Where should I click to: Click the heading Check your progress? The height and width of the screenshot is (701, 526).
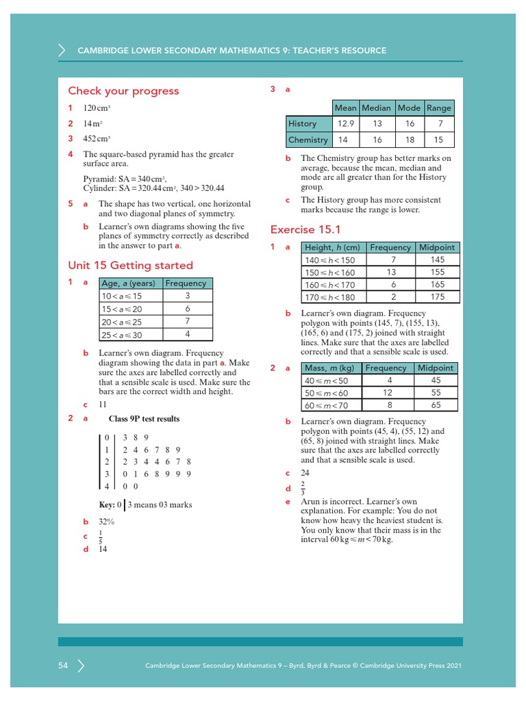pos(123,91)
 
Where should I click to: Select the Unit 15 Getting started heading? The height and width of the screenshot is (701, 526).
pos(130,265)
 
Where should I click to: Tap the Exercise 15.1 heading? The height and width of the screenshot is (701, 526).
pos(305,229)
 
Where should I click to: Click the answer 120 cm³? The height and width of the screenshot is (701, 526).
pos(97,108)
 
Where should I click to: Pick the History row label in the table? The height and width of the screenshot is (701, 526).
pos(302,124)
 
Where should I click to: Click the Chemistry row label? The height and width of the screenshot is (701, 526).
pos(308,140)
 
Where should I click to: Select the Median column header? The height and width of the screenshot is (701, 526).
pos(376,107)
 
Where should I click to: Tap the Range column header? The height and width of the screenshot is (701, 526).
pos(438,107)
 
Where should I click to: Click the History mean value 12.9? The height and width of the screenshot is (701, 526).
pos(345,124)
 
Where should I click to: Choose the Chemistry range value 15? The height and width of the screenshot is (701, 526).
pos(438,140)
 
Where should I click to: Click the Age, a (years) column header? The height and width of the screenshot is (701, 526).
pos(128,283)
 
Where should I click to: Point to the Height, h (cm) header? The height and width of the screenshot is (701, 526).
pos(332,247)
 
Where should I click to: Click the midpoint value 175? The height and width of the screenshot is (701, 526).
pos(438,297)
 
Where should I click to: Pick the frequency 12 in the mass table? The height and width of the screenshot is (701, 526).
pos(388,393)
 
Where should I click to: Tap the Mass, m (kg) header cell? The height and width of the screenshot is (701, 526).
pos(330,368)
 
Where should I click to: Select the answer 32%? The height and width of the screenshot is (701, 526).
pos(106,522)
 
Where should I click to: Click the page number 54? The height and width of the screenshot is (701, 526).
pos(63,665)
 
